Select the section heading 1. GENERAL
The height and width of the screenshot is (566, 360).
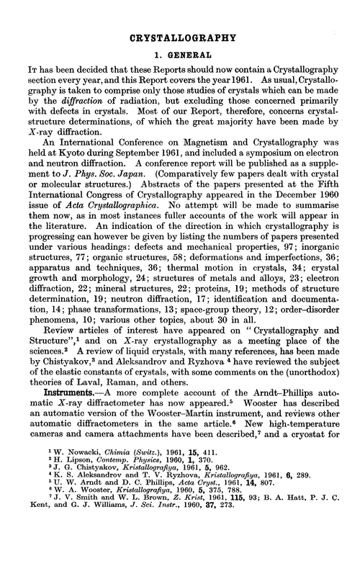tap(180, 54)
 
